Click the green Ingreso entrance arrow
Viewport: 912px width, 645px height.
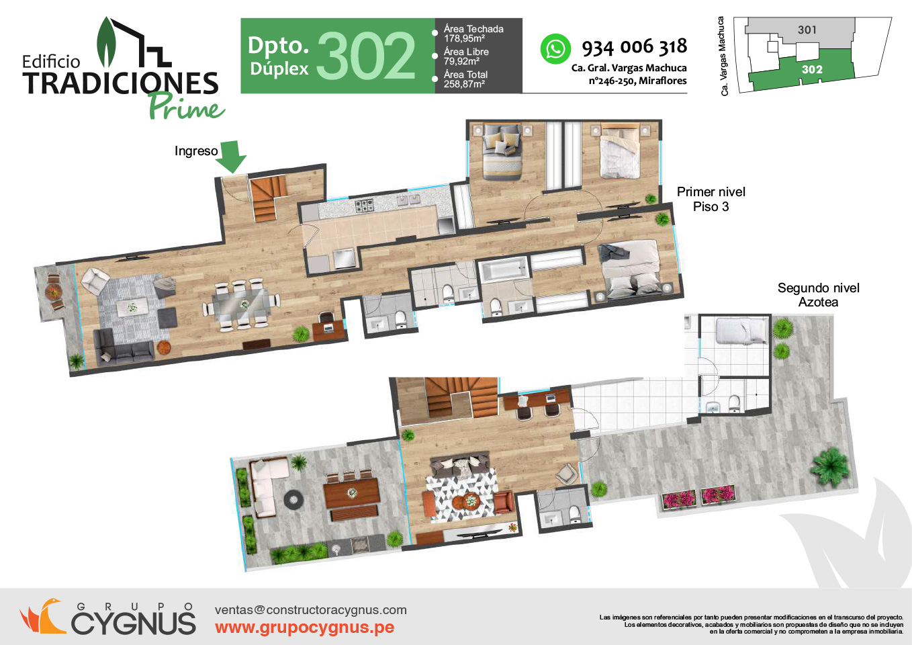point(231,157)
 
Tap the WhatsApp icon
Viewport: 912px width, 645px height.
point(555,49)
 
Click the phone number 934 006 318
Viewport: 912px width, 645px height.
point(635,47)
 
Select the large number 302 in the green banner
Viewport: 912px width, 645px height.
point(365,56)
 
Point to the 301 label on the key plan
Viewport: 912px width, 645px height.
point(807,30)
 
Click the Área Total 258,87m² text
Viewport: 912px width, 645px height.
point(465,79)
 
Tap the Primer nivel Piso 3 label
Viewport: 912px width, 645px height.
point(711,199)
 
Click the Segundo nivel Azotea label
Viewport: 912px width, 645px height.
point(819,295)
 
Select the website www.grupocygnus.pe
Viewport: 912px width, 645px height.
point(304,628)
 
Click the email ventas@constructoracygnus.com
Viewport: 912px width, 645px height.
point(311,609)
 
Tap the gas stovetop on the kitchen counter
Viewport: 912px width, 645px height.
point(365,206)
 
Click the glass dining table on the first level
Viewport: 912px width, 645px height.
point(242,304)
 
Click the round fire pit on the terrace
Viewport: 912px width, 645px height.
point(293,500)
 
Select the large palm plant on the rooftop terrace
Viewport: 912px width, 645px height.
point(831,467)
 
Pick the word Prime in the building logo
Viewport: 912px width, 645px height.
point(187,106)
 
